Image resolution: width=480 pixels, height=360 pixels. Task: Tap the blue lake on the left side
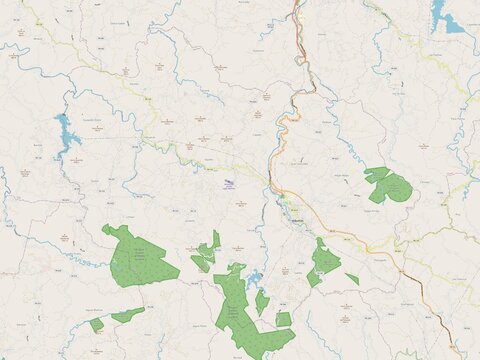click(x=66, y=134)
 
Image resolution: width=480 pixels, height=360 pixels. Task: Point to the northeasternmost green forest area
click(x=388, y=185)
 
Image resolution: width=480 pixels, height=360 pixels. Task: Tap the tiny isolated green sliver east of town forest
click(x=352, y=278)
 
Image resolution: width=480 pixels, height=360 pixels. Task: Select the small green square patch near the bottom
click(x=284, y=319)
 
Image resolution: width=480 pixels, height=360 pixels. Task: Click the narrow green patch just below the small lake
click(x=262, y=301)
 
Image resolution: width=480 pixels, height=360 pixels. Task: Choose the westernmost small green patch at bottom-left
click(x=96, y=324)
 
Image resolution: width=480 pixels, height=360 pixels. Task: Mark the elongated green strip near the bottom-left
click(x=127, y=315)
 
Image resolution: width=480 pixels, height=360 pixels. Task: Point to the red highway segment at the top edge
click(x=297, y=10)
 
